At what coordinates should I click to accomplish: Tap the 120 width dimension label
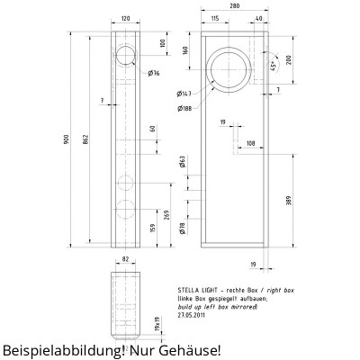(x=126, y=18)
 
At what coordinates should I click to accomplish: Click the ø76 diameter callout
(x=155, y=73)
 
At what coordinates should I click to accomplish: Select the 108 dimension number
(x=249, y=143)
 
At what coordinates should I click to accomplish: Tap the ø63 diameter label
(x=181, y=163)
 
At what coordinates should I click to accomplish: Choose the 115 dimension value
(x=215, y=18)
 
